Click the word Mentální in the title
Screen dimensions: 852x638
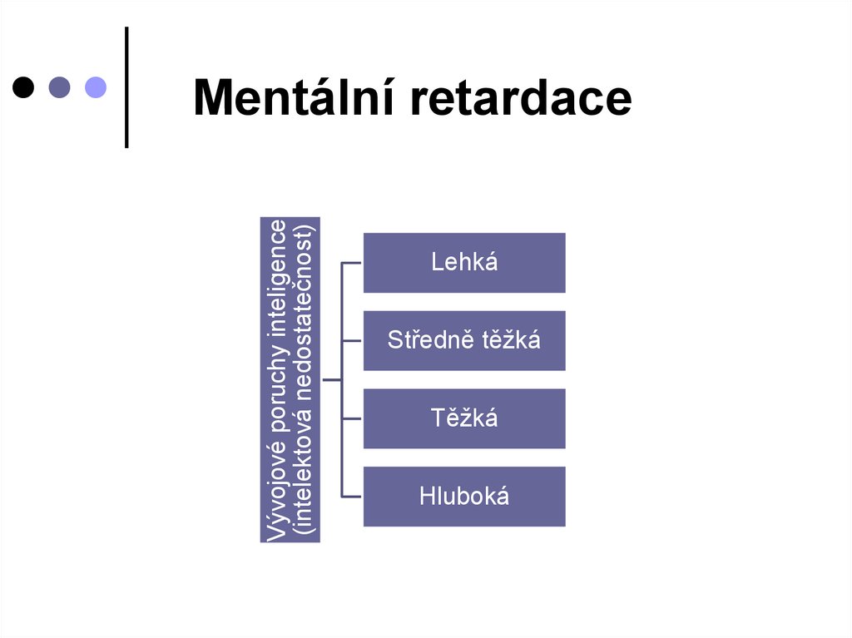click(x=291, y=98)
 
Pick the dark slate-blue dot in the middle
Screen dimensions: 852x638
click(x=60, y=87)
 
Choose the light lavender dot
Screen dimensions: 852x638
click(x=96, y=87)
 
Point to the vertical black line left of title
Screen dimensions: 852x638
click(x=126, y=87)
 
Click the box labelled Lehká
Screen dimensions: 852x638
click(x=464, y=263)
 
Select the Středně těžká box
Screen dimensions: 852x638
click(x=464, y=340)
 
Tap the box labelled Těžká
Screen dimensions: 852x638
click(x=464, y=418)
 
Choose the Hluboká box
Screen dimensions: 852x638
click(x=464, y=497)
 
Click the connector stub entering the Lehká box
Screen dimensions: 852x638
click(x=353, y=263)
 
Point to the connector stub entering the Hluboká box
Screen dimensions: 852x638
click(x=353, y=497)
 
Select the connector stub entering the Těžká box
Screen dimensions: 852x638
click(x=353, y=418)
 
